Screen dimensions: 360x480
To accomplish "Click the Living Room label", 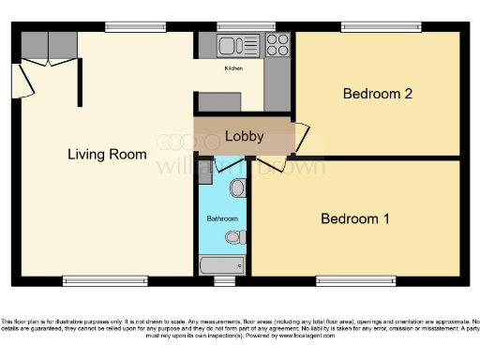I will (x=107, y=154).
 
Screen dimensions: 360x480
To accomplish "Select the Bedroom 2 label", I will (x=377, y=93).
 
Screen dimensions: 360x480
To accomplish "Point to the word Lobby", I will (x=244, y=137).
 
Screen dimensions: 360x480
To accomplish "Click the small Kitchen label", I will (x=233, y=68).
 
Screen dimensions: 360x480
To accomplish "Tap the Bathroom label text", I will (x=221, y=218).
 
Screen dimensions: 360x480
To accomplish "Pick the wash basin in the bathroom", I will (x=237, y=189).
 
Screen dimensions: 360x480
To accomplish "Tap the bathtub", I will (x=222, y=265).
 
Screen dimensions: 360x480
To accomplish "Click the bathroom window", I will (x=224, y=279).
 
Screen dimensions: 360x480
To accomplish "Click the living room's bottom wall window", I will (x=104, y=279).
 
